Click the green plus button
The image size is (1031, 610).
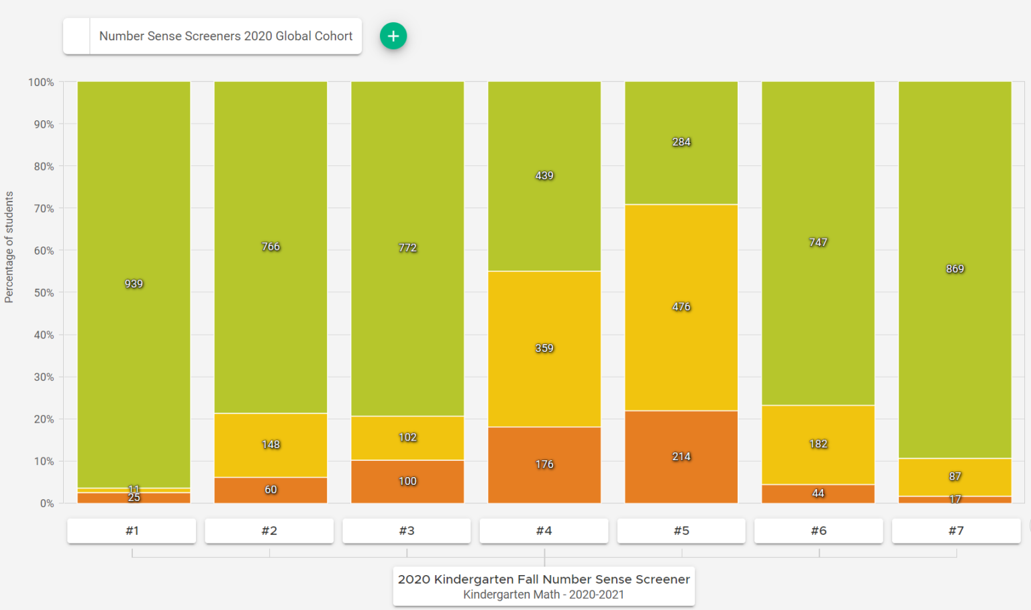[393, 36]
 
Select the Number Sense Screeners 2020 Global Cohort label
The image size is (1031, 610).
[226, 36]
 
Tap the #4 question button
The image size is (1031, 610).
[544, 531]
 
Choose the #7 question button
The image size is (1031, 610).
[956, 531]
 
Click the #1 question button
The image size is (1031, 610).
[132, 531]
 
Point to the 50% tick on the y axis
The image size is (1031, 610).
[41, 293]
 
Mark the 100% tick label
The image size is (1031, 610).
[41, 82]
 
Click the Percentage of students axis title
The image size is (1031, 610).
[9, 247]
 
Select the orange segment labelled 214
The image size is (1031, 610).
[681, 457]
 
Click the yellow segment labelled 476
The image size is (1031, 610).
[681, 307]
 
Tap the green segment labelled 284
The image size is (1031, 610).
[681, 142]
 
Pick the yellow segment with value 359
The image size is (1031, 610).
[544, 349]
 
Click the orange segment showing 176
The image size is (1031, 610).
[544, 465]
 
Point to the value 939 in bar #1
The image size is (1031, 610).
[134, 284]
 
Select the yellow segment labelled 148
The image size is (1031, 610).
[271, 445]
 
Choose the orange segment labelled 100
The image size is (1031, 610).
[407, 482]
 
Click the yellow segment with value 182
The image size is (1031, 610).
[818, 444]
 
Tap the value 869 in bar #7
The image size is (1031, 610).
[955, 269]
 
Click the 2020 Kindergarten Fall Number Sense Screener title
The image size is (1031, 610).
[544, 579]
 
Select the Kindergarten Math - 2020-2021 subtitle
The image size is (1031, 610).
[544, 595]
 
